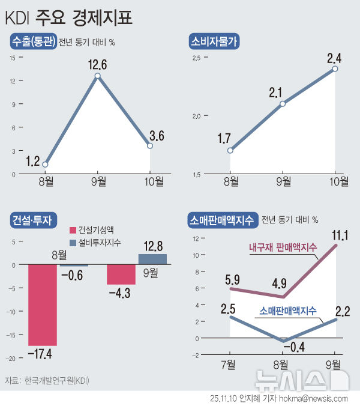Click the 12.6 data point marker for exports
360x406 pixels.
97,76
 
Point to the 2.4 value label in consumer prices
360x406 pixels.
335,58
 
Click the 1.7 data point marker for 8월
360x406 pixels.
230,150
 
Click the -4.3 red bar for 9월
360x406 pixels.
121,274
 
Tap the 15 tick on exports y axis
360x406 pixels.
12,58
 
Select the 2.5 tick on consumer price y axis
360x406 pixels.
196,58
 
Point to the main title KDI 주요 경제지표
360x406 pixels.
68,17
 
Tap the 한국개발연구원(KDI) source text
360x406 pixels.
55,380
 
